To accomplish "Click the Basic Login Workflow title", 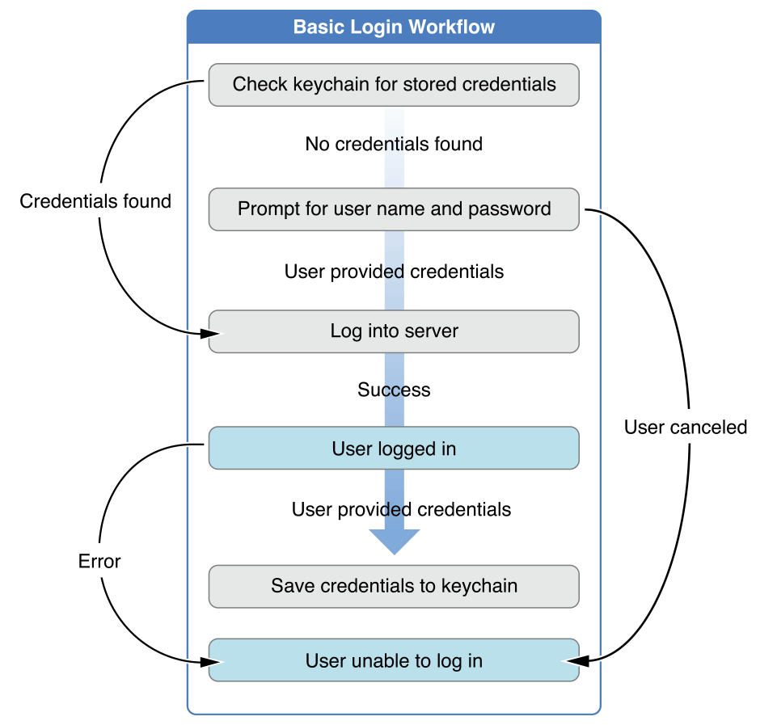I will point(394,27).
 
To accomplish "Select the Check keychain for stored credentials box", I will point(394,85).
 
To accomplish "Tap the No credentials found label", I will point(394,144).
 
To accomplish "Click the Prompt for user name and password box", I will point(394,209).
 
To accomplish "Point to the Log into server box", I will point(394,331).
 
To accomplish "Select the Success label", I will point(394,390).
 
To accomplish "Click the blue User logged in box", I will point(394,449).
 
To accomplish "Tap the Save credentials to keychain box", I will point(394,586).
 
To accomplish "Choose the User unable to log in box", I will point(394,660).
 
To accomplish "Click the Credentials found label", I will point(95,201).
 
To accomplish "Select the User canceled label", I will point(686,427).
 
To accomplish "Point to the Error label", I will point(99,561).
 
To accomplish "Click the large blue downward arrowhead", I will point(394,541).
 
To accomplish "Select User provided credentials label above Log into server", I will point(394,272).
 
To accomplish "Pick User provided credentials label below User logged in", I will point(401,509).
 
